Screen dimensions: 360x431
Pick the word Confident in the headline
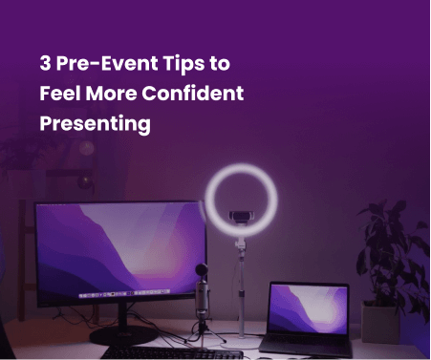point(200,95)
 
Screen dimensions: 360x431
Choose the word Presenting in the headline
point(96,124)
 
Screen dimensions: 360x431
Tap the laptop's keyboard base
point(308,340)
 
